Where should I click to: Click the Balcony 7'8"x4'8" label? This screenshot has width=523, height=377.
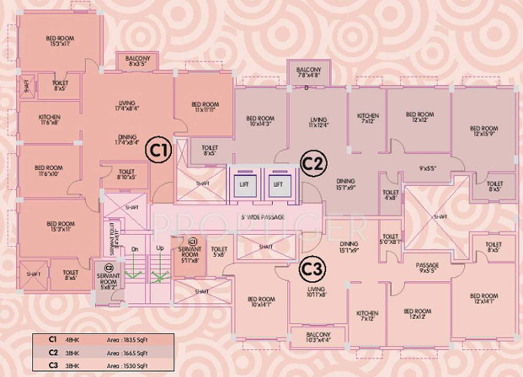pos(309,73)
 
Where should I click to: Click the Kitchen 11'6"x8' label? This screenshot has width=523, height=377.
pos(49,120)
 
